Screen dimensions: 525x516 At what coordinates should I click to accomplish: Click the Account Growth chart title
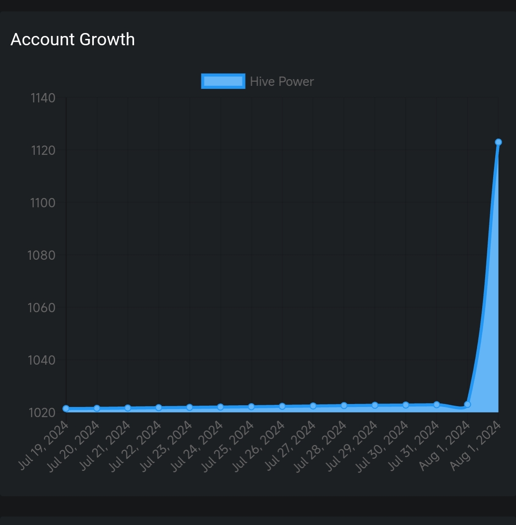[x=73, y=39]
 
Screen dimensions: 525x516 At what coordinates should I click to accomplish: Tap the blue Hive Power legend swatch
[x=223, y=81]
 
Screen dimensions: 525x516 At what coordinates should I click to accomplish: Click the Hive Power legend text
[x=282, y=81]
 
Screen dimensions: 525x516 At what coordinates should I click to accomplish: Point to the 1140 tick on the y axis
[x=43, y=98]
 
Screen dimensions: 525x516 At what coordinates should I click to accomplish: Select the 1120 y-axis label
[x=43, y=151]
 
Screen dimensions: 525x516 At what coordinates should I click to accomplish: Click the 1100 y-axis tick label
[x=43, y=203]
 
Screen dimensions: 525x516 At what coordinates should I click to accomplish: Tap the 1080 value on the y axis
[x=42, y=256]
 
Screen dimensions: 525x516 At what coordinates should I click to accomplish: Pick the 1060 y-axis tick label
[x=42, y=308]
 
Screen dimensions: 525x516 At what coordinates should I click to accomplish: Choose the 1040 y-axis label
[x=42, y=360]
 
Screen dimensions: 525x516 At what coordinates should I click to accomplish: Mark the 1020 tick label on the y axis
[x=42, y=413]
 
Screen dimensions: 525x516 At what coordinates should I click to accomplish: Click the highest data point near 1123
[x=498, y=142]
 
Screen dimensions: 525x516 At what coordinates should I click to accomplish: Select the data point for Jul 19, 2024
[x=66, y=409]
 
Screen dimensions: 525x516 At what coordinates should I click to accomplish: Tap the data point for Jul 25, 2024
[x=251, y=407]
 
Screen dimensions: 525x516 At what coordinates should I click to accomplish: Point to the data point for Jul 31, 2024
[x=436, y=405]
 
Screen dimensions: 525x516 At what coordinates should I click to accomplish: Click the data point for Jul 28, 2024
[x=344, y=406]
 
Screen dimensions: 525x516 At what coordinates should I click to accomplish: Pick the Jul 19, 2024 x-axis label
[x=44, y=445]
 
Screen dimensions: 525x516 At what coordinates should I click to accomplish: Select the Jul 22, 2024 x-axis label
[x=136, y=446]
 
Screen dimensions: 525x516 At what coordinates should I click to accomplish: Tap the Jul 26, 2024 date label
[x=260, y=446]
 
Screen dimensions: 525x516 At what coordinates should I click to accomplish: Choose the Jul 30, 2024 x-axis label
[x=383, y=446]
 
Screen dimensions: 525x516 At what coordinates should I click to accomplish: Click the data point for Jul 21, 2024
[x=128, y=408]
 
